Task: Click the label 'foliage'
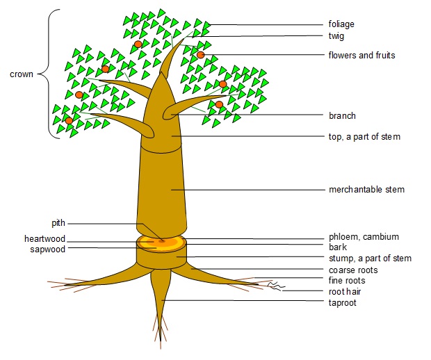(x=341, y=24)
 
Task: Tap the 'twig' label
(x=336, y=36)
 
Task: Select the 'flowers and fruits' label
(x=361, y=55)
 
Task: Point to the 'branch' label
(x=342, y=116)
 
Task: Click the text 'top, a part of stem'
(x=364, y=137)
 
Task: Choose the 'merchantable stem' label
(x=366, y=189)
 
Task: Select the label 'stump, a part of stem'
(x=370, y=259)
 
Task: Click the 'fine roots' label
(x=347, y=281)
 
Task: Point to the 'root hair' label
(x=345, y=292)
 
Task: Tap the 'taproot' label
(x=342, y=303)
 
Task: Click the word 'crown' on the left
(x=22, y=74)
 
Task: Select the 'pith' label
(x=58, y=223)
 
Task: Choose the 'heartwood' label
(x=44, y=238)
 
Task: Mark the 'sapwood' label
(x=47, y=249)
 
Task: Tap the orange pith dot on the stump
(x=162, y=240)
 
